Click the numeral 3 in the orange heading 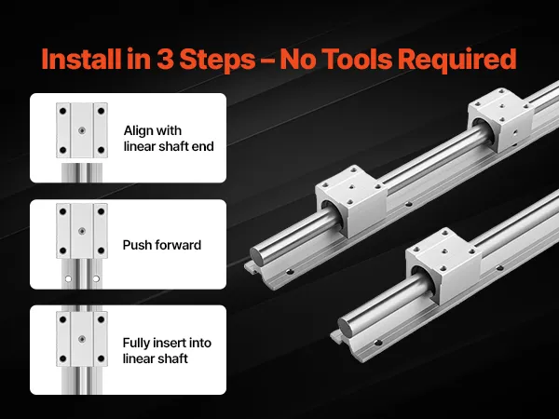(x=166, y=59)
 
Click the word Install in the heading (x=81, y=59)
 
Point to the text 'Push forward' (x=162, y=245)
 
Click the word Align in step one (x=139, y=131)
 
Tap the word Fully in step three (x=137, y=343)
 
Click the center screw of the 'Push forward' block (x=82, y=231)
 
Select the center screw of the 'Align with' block (x=82, y=130)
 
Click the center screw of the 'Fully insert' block (x=82, y=339)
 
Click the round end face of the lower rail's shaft (x=345, y=327)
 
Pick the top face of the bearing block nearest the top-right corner (x=501, y=104)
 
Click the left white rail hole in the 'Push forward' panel (x=68, y=278)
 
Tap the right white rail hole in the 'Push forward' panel (x=96, y=278)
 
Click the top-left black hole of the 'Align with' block (x=62, y=111)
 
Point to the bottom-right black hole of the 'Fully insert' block (x=101, y=358)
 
